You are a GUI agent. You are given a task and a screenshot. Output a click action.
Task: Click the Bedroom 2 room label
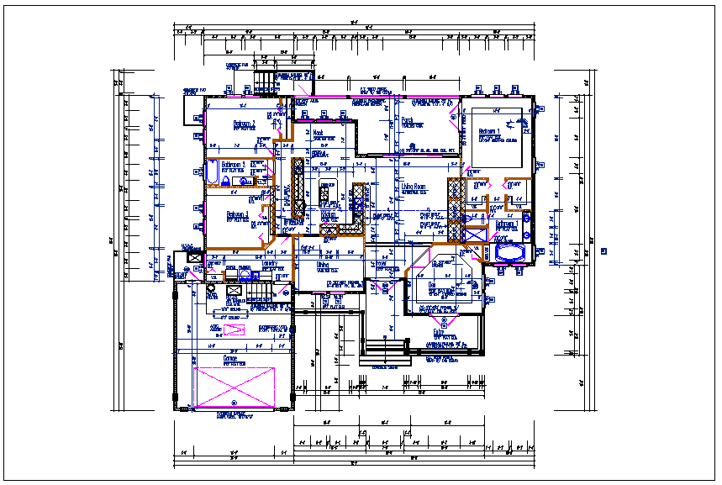(x=245, y=124)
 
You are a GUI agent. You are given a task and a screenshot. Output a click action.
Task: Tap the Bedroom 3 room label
(x=238, y=215)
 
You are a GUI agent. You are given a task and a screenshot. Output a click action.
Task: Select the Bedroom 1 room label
(x=489, y=132)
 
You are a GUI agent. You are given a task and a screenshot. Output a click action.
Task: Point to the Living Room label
(x=414, y=187)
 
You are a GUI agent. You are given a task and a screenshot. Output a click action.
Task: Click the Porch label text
(x=408, y=120)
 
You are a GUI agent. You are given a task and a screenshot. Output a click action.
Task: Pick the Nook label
(x=318, y=134)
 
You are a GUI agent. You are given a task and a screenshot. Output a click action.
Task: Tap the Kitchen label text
(x=329, y=215)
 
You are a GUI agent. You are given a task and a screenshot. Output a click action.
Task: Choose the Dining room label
(x=322, y=266)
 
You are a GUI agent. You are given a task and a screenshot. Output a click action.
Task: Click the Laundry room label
(x=271, y=264)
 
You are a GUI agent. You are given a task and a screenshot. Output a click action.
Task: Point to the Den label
(x=433, y=284)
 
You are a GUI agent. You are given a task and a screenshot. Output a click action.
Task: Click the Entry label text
(x=438, y=332)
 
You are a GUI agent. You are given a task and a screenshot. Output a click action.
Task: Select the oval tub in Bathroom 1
(x=509, y=252)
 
